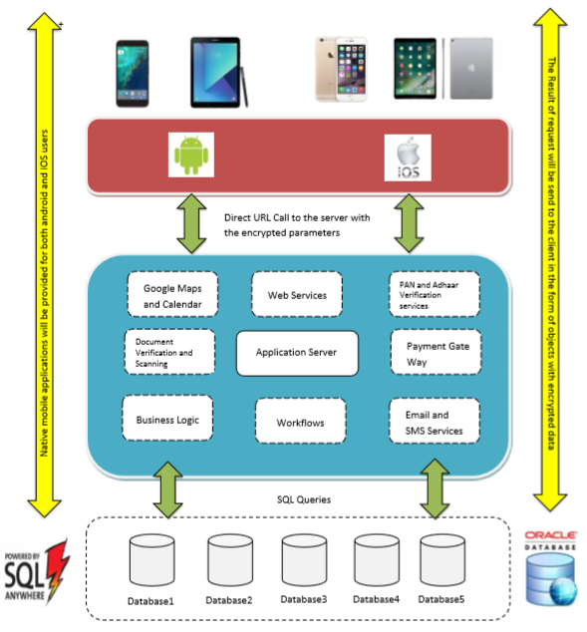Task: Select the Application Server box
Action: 295,352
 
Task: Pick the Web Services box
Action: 296,295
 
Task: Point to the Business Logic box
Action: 167,420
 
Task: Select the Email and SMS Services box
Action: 434,422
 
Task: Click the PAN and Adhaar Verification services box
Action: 434,294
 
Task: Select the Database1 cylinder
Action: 150,562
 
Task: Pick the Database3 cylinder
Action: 304,562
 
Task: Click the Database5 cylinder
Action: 442,562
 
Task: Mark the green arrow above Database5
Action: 435,487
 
